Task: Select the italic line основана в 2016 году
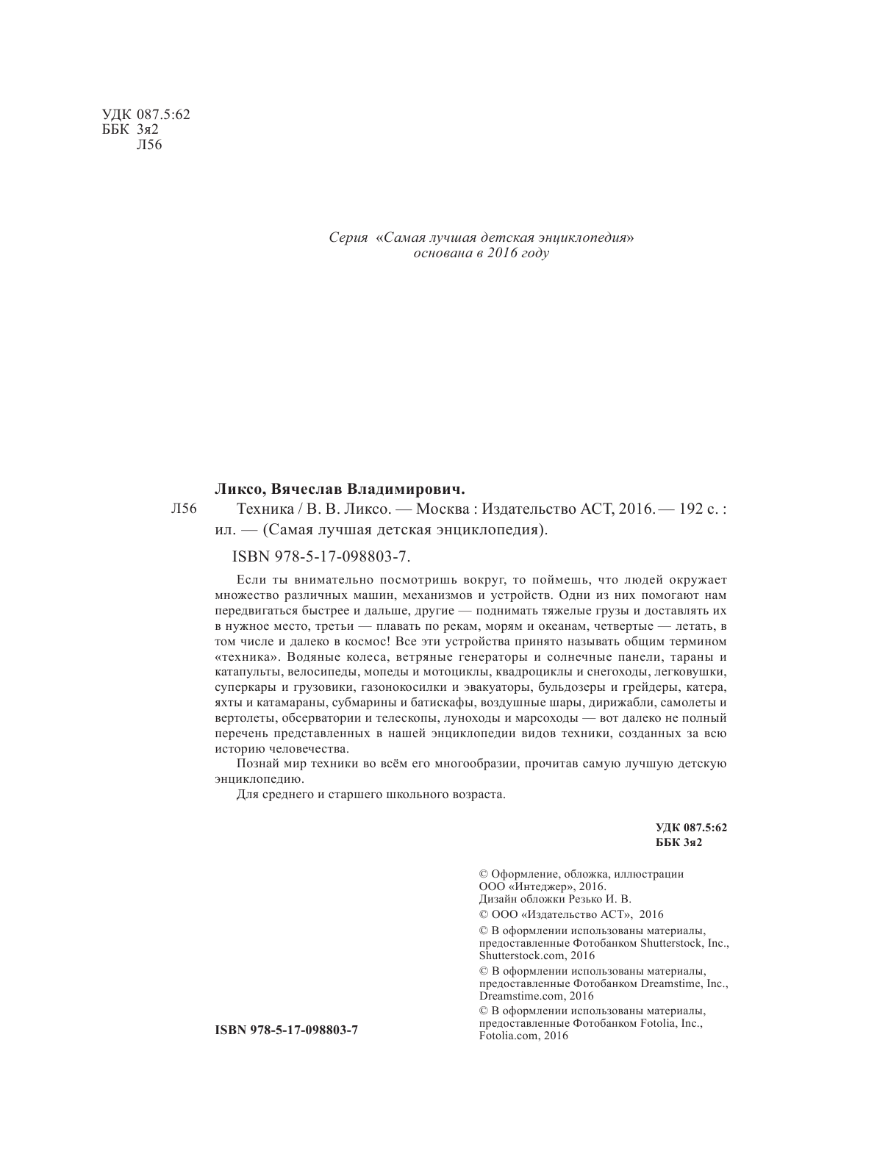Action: pos(482,254)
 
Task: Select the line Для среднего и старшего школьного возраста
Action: pos(371,795)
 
